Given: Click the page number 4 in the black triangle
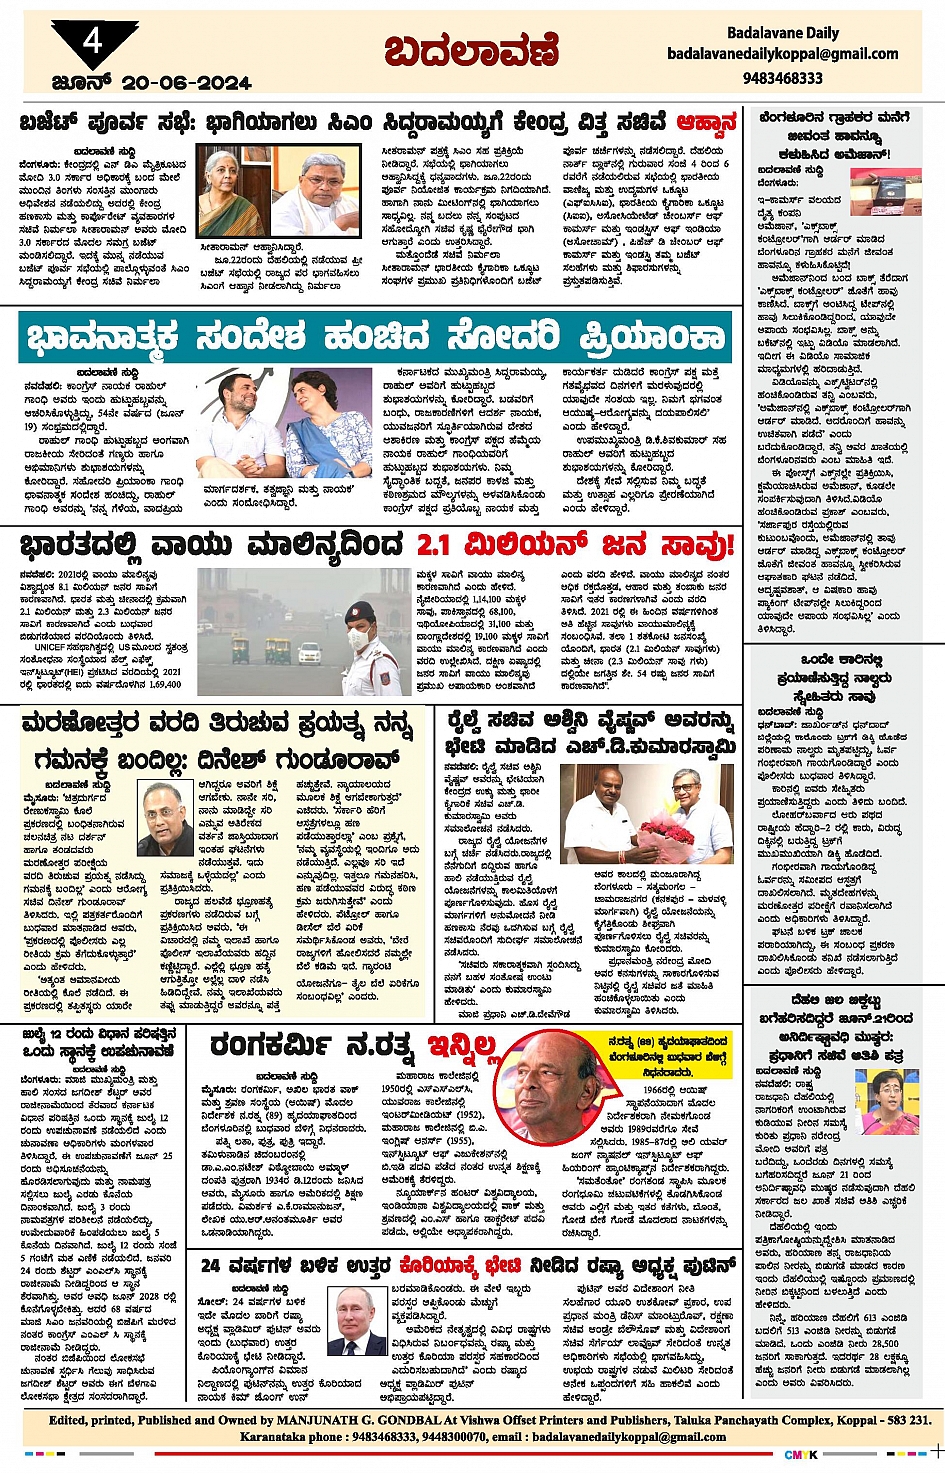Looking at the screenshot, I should point(93,41).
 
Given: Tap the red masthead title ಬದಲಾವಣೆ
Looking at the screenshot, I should point(472,51).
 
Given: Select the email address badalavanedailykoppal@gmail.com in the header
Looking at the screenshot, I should point(782,54).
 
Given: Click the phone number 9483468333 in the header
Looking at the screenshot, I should point(782,78).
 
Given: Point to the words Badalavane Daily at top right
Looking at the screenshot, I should point(782,33).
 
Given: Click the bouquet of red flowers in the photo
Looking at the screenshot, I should point(666,832).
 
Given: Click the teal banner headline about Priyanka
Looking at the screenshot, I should point(374,337).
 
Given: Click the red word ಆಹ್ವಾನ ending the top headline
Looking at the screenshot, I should point(706,123).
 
